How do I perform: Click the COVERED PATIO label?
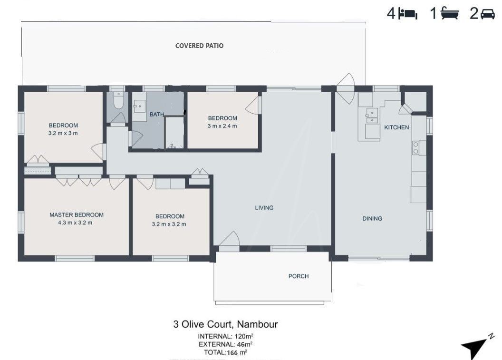199,46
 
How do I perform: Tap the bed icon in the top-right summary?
407,14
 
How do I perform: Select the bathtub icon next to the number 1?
450,14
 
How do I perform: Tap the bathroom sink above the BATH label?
139,106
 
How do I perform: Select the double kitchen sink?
372,116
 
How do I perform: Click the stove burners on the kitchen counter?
415,147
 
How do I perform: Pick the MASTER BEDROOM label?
77,215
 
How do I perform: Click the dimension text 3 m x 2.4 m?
222,126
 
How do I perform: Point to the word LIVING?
264,208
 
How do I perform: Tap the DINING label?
372,219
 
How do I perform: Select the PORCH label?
299,276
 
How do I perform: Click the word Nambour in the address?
257,324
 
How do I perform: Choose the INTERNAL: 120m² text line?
226,336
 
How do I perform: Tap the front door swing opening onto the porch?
229,239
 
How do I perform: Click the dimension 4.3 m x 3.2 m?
75,223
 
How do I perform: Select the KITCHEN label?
396,127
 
